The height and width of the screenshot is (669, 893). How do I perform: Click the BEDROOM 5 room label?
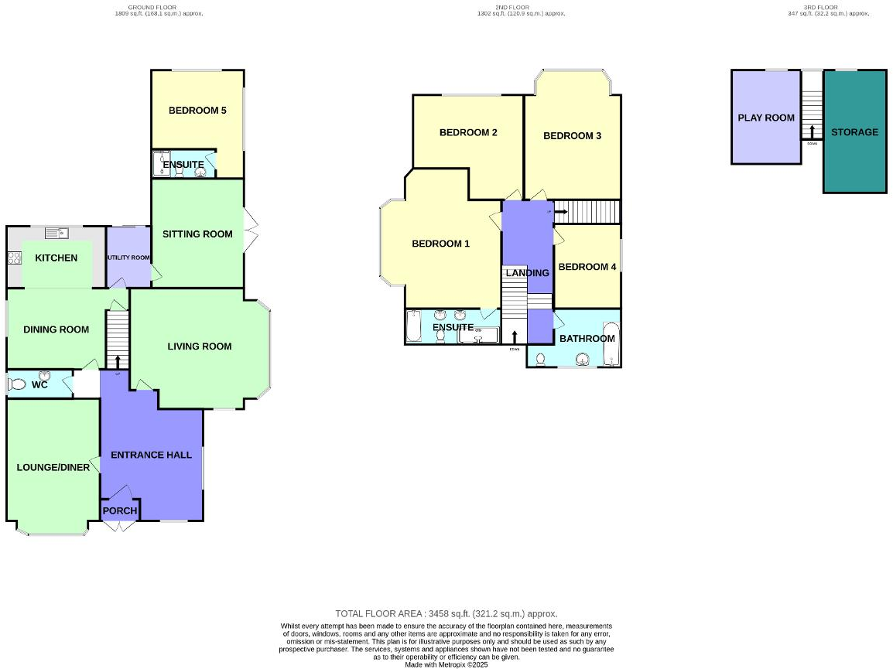click(x=197, y=111)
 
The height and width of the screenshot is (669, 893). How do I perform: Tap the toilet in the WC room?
click(x=16, y=384)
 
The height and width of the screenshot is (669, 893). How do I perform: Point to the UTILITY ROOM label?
click(x=128, y=258)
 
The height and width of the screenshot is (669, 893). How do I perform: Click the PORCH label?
click(x=120, y=510)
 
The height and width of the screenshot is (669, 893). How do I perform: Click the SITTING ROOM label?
click(x=197, y=234)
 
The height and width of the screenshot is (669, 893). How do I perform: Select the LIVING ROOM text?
click(x=200, y=346)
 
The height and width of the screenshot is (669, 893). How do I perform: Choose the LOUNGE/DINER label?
click(x=53, y=467)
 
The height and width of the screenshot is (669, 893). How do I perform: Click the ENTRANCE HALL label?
click(x=151, y=455)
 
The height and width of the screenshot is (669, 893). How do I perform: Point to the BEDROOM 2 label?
click(x=468, y=132)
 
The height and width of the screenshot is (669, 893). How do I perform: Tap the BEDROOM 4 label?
click(x=587, y=267)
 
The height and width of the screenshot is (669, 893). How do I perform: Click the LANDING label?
click(x=527, y=273)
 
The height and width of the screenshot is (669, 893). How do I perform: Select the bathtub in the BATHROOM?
click(x=611, y=344)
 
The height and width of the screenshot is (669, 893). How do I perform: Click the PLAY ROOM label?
click(x=766, y=118)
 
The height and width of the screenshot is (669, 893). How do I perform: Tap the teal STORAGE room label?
click(x=854, y=132)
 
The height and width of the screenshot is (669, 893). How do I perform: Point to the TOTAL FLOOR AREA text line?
click(x=446, y=613)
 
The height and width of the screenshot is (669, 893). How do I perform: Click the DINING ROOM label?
click(x=56, y=329)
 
